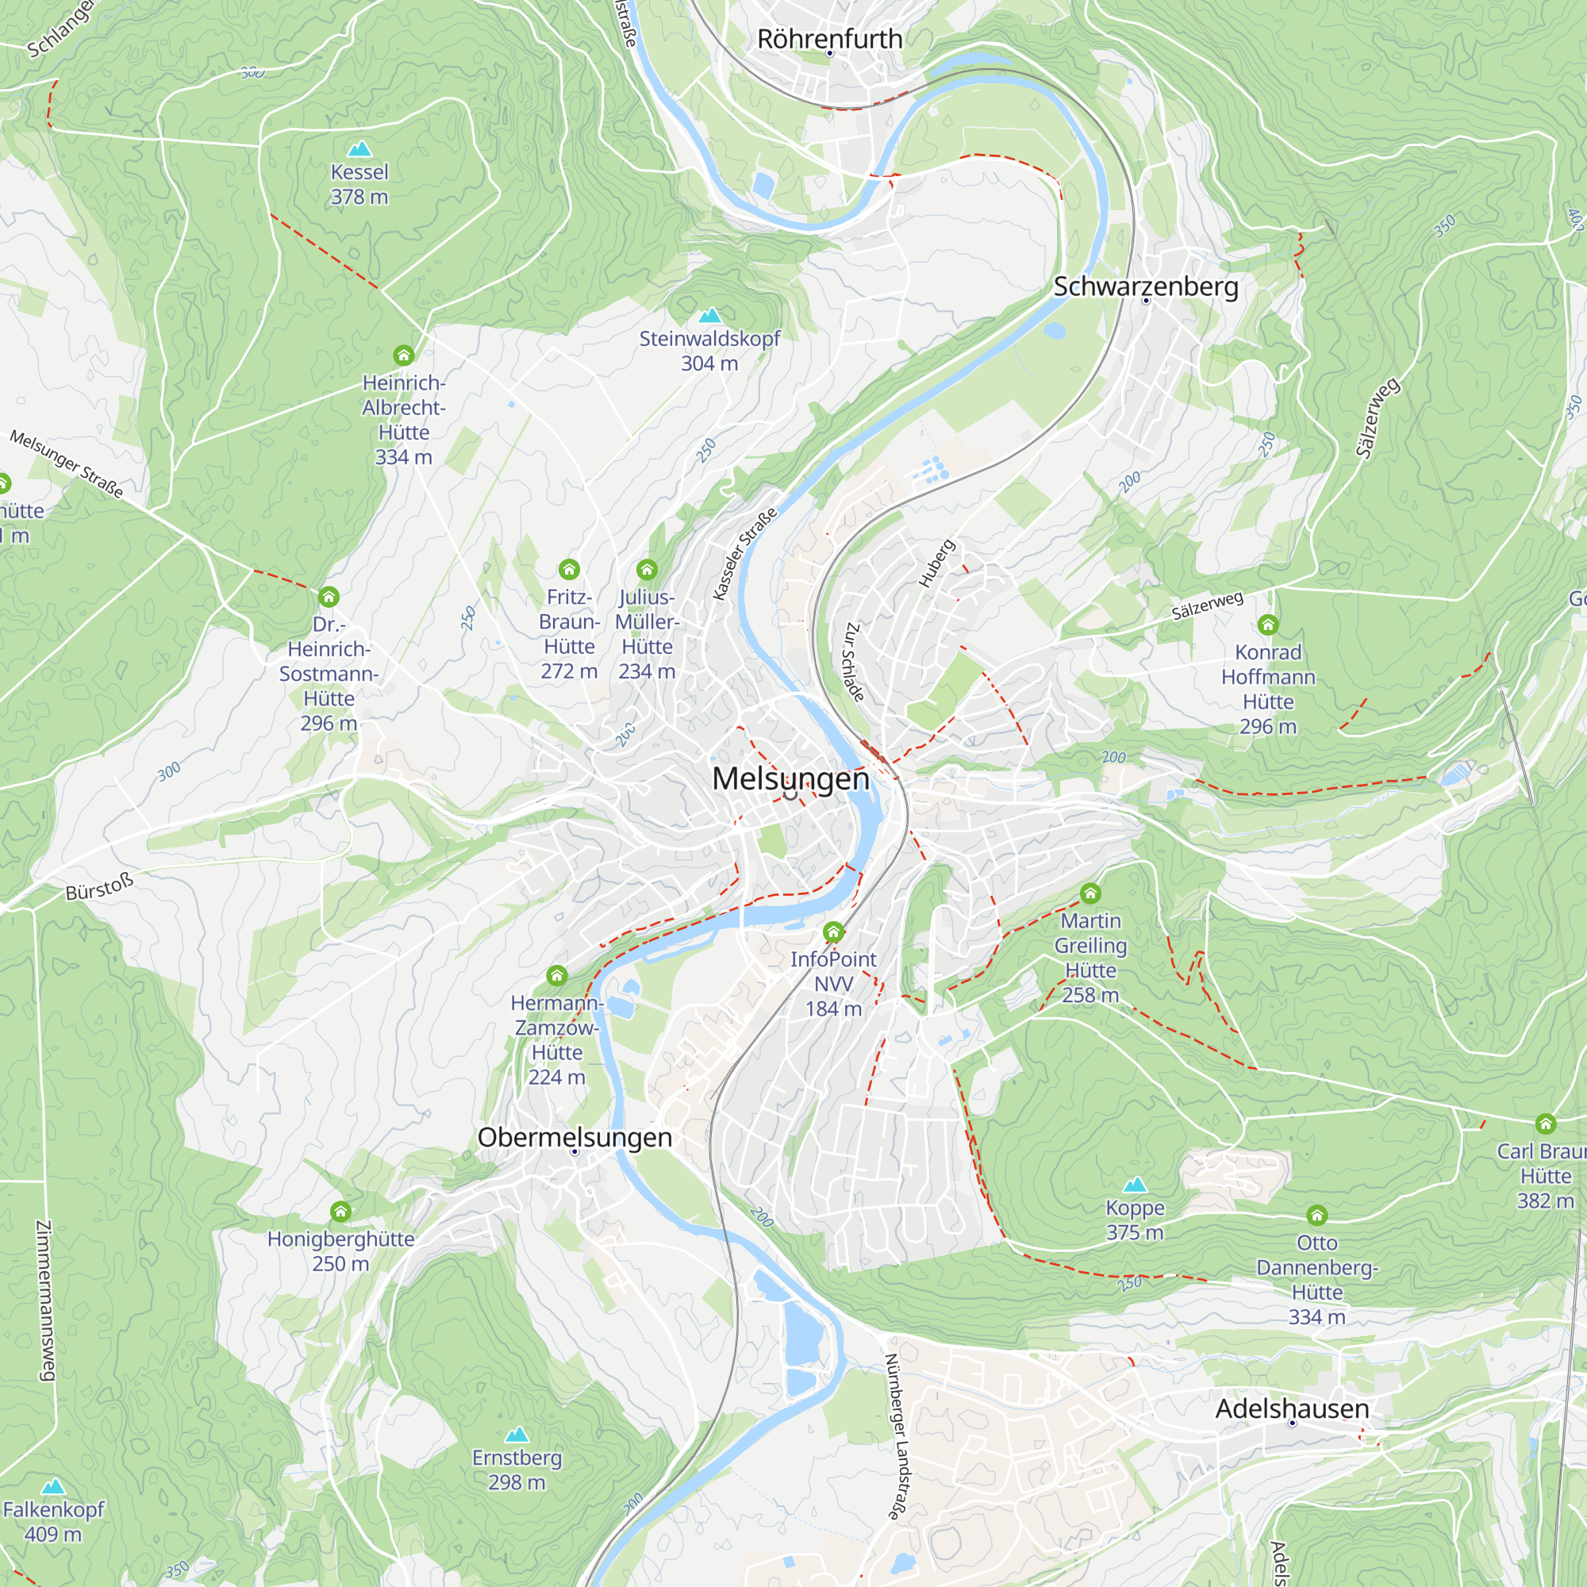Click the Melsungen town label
coord(790,778)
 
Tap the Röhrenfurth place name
coord(829,38)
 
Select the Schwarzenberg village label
coord(1145,286)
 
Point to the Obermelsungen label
coord(574,1137)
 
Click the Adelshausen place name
coord(1291,1408)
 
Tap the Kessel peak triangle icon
coord(359,149)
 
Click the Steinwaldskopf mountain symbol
coord(709,316)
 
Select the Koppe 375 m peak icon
coord(1135,1185)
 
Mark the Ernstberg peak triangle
coord(517,1435)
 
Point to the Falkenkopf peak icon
coord(53,1487)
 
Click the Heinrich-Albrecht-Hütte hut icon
coord(403,355)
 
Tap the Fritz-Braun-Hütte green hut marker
coord(569,569)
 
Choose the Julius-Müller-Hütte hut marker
coord(647,569)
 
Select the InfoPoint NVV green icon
coord(833,932)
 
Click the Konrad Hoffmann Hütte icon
coord(1267,625)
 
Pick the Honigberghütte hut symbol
coord(341,1212)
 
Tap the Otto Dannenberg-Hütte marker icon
coord(1316,1215)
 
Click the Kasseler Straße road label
coord(744,555)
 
